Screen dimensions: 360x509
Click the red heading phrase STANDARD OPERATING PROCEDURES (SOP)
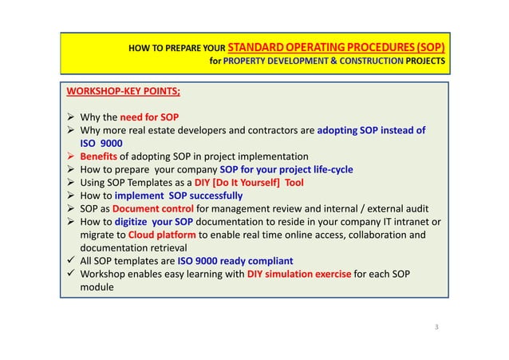tap(336, 48)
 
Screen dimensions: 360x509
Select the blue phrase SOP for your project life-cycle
tap(286, 169)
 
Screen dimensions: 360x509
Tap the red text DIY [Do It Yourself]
tap(231, 182)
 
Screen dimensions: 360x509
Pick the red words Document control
tap(155, 208)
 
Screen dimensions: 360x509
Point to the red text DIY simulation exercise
tap(298, 274)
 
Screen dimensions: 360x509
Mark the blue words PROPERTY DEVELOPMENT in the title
tap(275, 61)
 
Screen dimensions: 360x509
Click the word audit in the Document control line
tap(422, 208)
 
